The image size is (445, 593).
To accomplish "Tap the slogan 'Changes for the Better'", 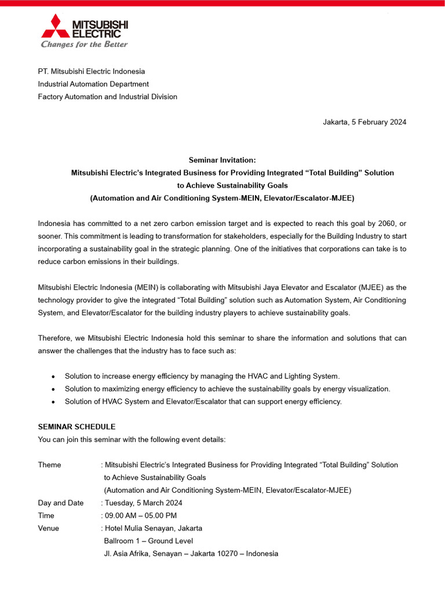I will tap(84, 45).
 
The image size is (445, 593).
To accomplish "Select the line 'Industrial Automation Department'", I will tap(93, 84).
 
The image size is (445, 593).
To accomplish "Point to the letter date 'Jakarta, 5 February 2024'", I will tap(364, 122).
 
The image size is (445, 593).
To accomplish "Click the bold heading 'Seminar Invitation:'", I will tap(222, 160).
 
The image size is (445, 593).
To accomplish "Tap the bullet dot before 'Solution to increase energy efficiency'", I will tap(53, 376).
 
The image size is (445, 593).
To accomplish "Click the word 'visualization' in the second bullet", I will tap(368, 389).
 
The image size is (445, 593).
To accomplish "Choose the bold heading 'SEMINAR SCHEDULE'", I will tap(76, 427).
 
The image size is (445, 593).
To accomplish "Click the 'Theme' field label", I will tap(49, 465).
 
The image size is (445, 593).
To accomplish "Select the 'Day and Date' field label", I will tap(61, 503).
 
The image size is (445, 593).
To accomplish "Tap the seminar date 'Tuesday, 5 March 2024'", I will tap(143, 503).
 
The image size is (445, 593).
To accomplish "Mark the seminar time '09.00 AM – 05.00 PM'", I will tap(141, 515).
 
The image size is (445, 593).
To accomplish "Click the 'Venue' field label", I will tap(49, 528).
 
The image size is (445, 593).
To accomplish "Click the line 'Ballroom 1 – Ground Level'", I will tap(148, 541).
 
